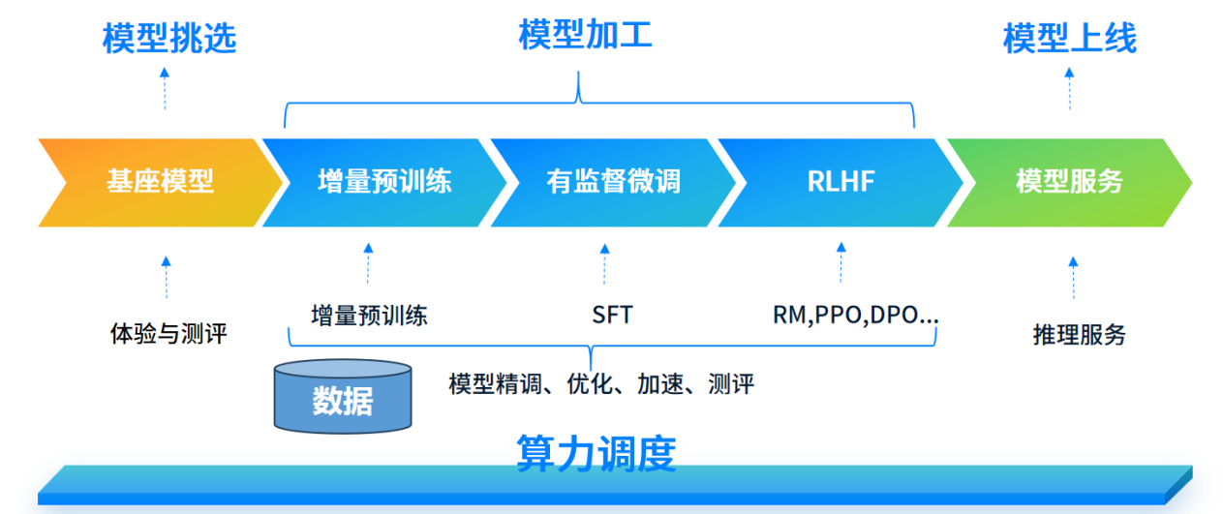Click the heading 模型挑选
click(169, 39)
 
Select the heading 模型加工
click(585, 35)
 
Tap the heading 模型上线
click(1069, 39)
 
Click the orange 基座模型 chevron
click(155, 182)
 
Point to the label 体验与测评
click(168, 335)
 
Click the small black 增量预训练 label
click(369, 315)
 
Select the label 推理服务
click(1080, 335)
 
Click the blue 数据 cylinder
click(343, 397)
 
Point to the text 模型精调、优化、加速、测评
click(600, 384)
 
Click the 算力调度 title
click(596, 453)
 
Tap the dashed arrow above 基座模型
click(165, 88)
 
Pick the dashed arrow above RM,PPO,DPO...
click(841, 262)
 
